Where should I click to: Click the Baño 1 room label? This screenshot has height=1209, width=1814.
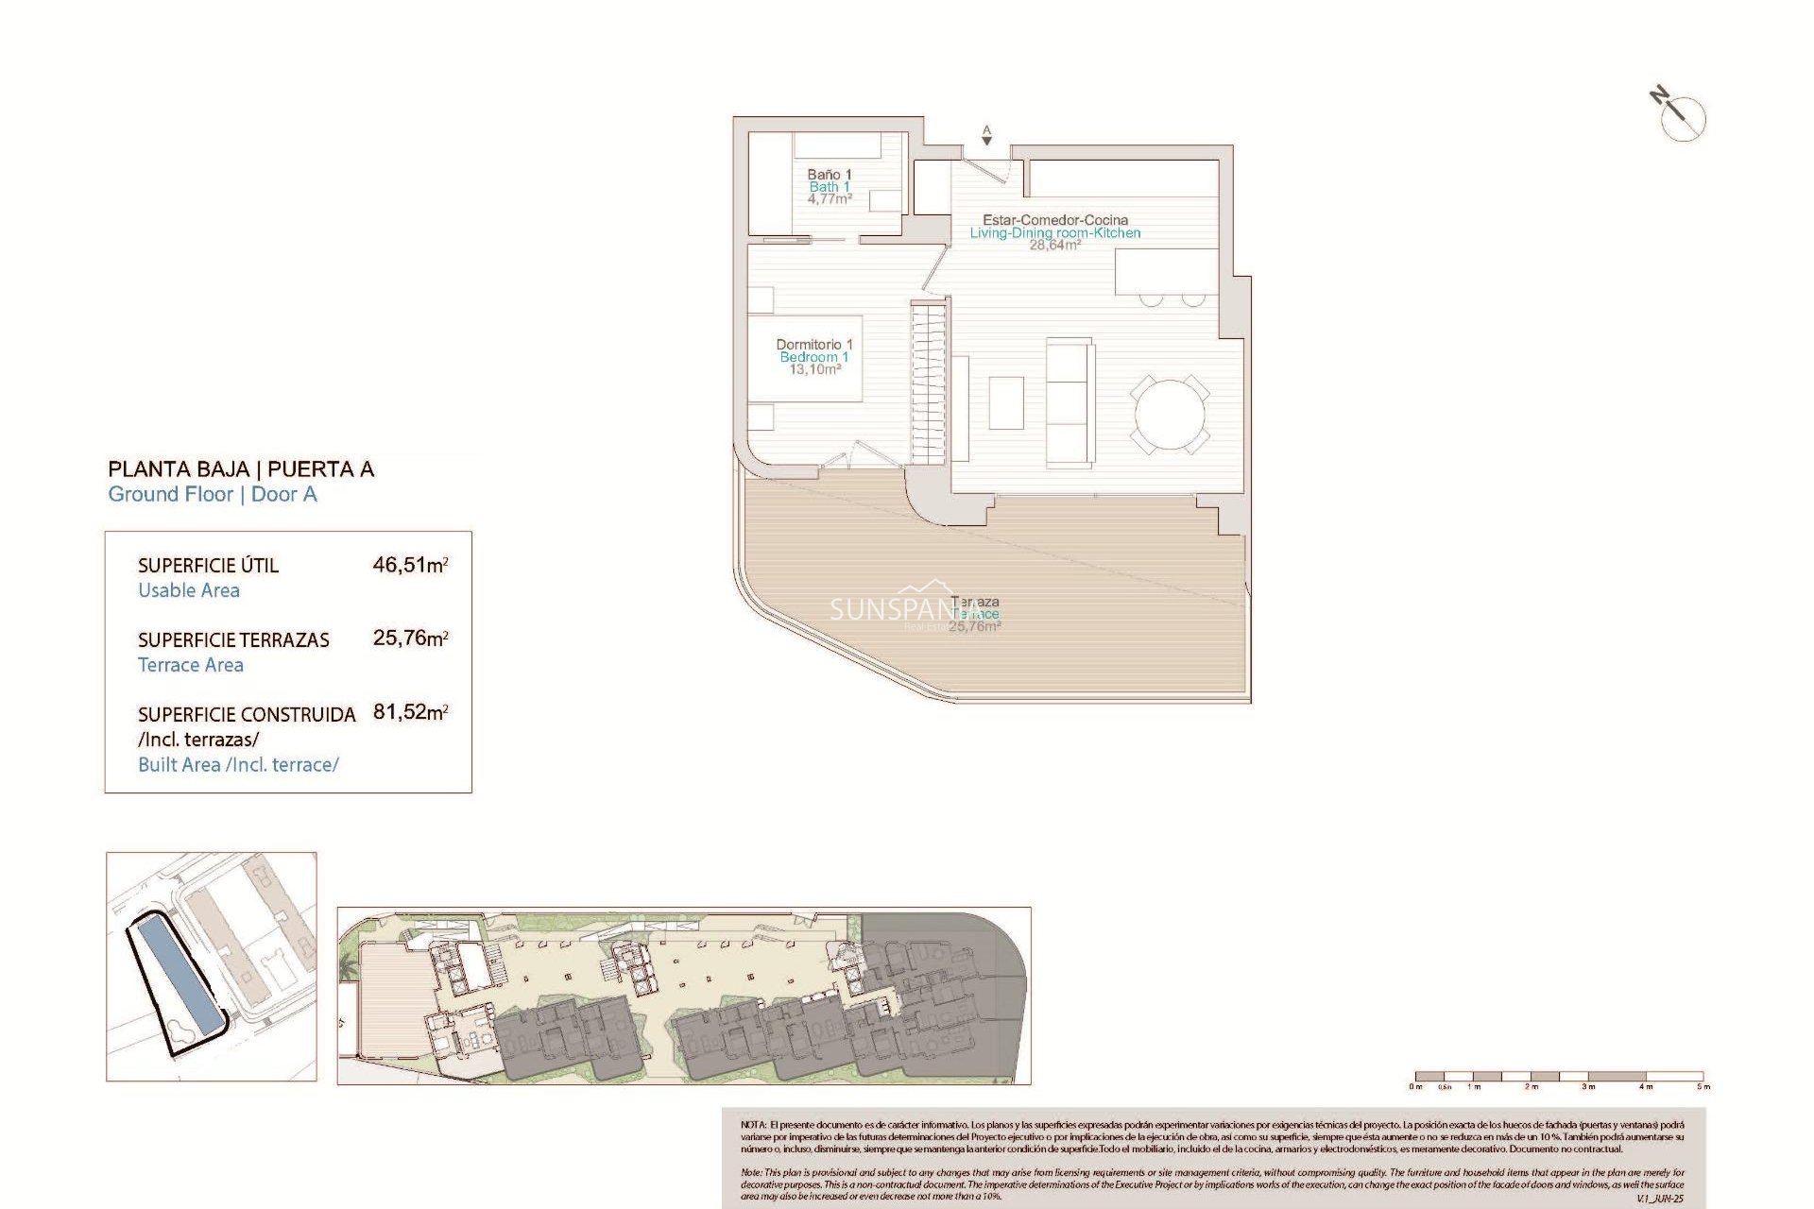click(829, 175)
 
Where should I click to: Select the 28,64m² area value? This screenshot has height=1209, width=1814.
click(1054, 246)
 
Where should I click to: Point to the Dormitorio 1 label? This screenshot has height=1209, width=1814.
click(813, 345)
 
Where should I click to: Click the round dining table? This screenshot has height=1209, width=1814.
click(1170, 415)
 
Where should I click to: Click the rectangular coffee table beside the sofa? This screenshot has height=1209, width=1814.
click(1006, 403)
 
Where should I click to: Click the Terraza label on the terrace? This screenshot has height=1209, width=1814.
click(976, 602)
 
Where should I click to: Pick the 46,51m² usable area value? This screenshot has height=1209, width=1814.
click(410, 565)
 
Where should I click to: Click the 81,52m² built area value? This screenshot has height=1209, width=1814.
click(410, 712)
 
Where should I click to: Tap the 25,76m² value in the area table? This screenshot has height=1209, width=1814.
click(410, 639)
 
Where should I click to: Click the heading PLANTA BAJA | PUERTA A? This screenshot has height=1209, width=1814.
click(241, 469)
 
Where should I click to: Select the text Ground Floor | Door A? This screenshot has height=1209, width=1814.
click(213, 495)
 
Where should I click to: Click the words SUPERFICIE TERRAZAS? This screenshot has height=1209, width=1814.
click(233, 640)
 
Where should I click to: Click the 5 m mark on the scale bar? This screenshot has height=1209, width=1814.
click(1703, 1086)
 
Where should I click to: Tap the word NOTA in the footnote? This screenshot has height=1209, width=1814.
click(753, 1125)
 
